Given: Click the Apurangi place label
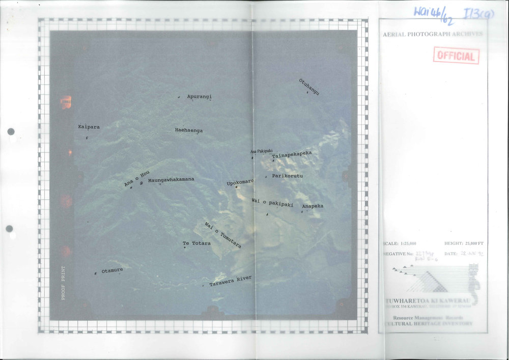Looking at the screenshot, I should [x=199, y=96].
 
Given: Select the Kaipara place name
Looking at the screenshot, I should [x=89, y=127].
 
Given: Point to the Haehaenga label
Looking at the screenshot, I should [x=189, y=130].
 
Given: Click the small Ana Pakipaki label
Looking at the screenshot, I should [x=262, y=151].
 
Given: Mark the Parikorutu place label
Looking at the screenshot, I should [x=287, y=176].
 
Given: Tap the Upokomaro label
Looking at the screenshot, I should [x=240, y=182].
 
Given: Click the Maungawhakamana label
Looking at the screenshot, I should [x=171, y=180].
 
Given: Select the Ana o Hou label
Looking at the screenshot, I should [x=137, y=178].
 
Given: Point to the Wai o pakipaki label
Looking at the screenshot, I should [x=272, y=203].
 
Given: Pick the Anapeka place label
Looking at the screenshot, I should [x=313, y=206].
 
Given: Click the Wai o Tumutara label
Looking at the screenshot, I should [x=222, y=235].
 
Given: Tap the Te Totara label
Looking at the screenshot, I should [x=196, y=243].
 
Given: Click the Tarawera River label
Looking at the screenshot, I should [x=231, y=281].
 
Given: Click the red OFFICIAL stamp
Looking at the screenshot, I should [x=456, y=56].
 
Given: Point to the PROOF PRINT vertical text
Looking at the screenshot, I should [x=63, y=283].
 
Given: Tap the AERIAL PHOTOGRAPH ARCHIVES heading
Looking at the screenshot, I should [x=433, y=34].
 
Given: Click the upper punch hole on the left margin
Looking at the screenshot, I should [x=11, y=131].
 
